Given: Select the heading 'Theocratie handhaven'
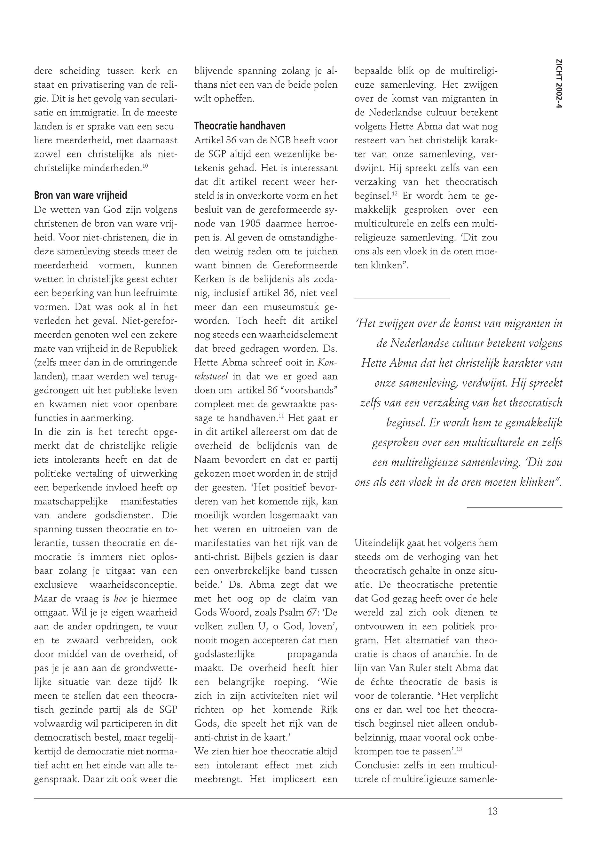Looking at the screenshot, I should click(x=240, y=126).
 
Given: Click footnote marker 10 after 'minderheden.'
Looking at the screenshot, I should click(x=145, y=166).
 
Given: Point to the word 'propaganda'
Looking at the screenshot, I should click(x=312, y=654).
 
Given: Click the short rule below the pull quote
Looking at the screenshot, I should click(x=514, y=507).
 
